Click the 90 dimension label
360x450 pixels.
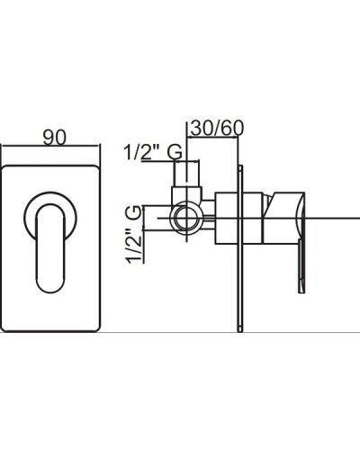tap(54, 138)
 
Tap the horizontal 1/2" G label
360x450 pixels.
tap(153, 152)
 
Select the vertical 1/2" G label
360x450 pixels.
tap(133, 234)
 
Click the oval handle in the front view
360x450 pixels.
tap(50, 248)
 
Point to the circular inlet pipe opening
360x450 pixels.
tap(187, 219)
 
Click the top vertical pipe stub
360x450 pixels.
tap(187, 174)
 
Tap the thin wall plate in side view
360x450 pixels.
tap(239, 248)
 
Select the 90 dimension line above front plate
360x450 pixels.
tap(50, 146)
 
